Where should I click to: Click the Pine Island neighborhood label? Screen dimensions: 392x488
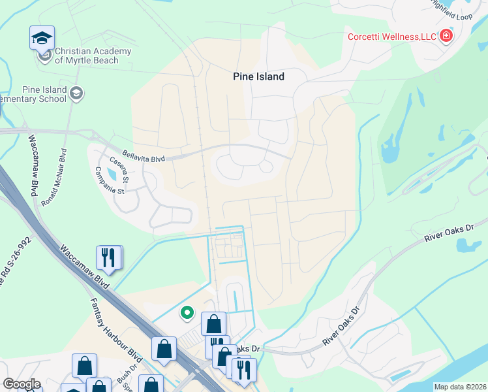pos(258,76)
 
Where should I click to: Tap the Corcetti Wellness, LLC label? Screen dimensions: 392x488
pos(391,36)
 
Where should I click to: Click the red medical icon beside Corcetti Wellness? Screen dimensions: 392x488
pos(446,35)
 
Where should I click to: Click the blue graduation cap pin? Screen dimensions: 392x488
pos(42,38)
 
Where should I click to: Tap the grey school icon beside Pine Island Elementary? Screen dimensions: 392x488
pos(76,93)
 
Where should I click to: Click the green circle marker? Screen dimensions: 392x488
pos(187,314)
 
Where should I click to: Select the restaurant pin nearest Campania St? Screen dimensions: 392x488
pos(109,257)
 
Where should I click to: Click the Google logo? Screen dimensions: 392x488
pos(22,384)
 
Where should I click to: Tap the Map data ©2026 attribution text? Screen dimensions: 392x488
pos(460,387)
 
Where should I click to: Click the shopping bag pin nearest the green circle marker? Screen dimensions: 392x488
pos(213,323)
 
